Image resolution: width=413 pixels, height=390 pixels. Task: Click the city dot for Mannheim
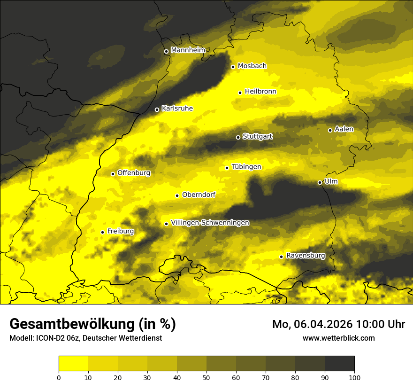tap(166, 52)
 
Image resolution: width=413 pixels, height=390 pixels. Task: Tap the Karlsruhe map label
tap(177, 109)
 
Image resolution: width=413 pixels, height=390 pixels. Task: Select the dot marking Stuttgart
tap(238, 137)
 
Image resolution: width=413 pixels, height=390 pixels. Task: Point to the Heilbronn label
tap(260, 92)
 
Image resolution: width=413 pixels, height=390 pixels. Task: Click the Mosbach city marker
tap(233, 67)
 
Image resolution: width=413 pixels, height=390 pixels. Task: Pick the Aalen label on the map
tap(344, 129)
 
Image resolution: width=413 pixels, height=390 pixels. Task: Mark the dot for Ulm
tap(320, 182)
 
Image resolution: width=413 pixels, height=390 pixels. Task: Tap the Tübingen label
tap(246, 167)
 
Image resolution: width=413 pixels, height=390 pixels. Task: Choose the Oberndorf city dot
tap(177, 195)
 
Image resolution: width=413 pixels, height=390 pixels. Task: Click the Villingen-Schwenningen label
tap(210, 223)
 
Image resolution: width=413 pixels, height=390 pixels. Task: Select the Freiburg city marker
tap(102, 232)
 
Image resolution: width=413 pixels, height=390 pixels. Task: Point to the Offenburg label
tap(134, 173)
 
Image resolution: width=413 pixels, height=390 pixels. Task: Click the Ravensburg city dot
tap(281, 257)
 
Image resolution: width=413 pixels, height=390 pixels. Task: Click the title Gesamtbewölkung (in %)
tap(92, 324)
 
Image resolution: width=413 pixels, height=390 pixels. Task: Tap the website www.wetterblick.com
tap(339, 338)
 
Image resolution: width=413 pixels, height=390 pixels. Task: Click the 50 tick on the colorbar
tap(206, 377)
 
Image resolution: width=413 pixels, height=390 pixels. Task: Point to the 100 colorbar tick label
tap(354, 377)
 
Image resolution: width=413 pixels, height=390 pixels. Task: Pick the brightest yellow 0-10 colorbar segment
tap(73, 364)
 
